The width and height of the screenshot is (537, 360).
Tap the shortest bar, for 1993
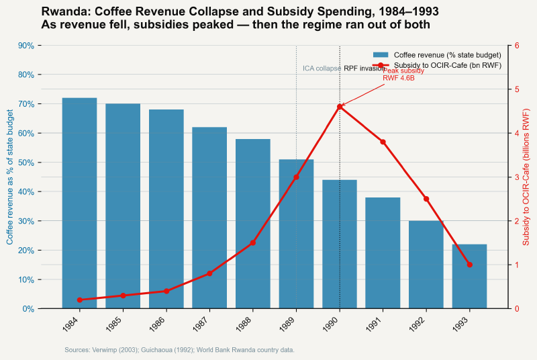[469, 276]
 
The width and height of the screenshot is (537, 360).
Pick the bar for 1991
[383, 253]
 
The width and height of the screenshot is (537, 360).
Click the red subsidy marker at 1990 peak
[340, 107]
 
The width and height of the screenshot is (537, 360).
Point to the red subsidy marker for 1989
[296, 177]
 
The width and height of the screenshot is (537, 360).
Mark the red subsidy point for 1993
[469, 265]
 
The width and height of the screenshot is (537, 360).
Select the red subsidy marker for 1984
[79, 300]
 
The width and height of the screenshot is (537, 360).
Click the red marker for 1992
[426, 199]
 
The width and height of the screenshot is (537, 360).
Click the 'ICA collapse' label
[321, 69]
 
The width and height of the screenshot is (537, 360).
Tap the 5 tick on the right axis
[517, 89]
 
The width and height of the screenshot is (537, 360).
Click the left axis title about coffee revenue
[10, 177]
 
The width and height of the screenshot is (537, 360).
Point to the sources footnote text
[179, 350]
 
